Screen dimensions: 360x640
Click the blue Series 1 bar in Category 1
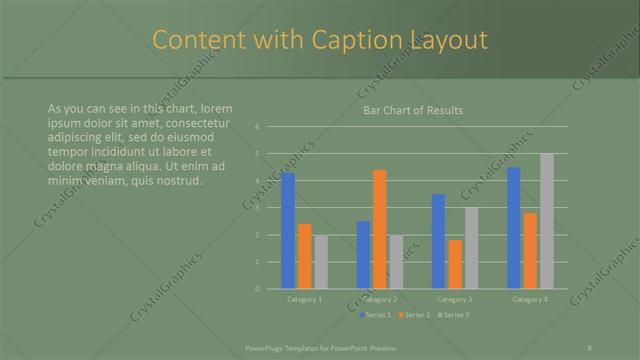(x=288, y=231)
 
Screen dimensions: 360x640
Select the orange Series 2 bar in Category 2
(x=380, y=229)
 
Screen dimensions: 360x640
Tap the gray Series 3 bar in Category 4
(x=547, y=221)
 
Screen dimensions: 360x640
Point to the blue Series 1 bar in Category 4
(x=514, y=228)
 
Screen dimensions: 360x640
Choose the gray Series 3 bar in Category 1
(x=321, y=262)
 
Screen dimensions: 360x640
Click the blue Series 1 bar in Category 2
(x=363, y=255)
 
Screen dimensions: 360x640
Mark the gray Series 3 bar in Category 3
(x=471, y=248)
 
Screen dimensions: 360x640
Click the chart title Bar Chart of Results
(x=412, y=110)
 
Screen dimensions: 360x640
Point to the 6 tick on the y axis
(x=257, y=127)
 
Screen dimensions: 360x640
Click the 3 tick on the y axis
(x=257, y=208)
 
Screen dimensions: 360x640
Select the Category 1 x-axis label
(x=304, y=299)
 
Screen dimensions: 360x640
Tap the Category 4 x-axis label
(x=530, y=299)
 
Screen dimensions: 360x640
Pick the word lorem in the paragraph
(x=215, y=108)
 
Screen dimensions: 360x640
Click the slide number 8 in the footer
(x=590, y=348)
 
